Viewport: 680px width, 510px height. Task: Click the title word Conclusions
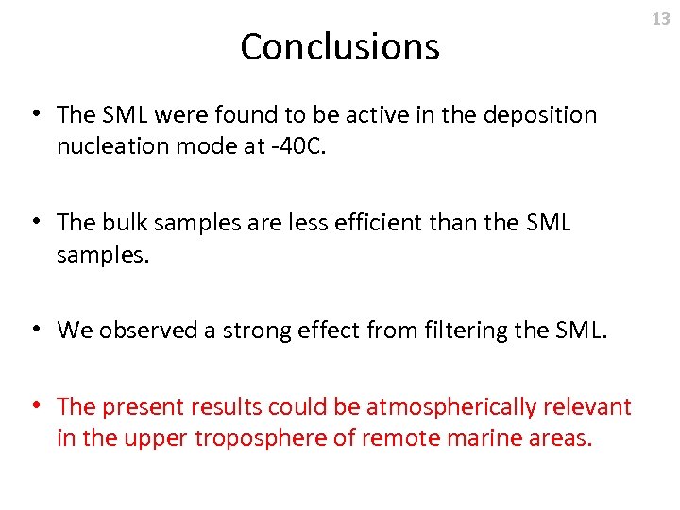coord(340,46)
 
